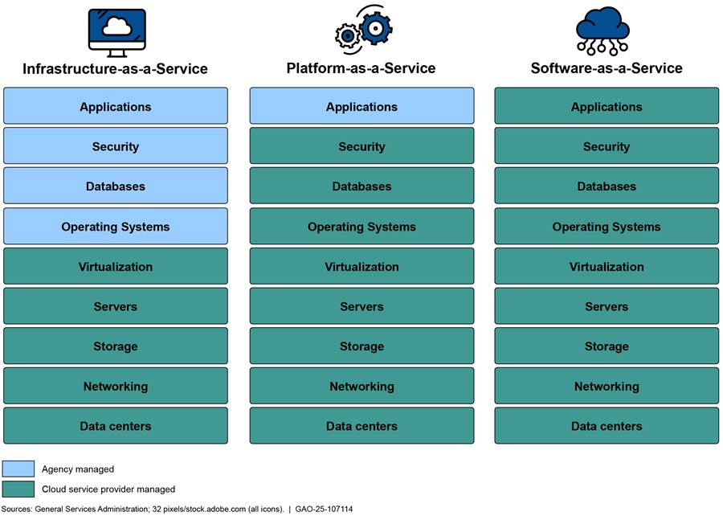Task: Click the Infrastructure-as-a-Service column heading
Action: point(115,69)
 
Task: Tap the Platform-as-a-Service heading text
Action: point(361,68)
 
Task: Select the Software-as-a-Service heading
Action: point(607,68)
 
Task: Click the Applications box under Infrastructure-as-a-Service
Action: point(116,106)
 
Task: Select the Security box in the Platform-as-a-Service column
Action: point(361,146)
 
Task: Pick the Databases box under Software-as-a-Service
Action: point(607,186)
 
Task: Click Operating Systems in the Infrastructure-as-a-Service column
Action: point(116,227)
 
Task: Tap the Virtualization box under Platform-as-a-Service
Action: point(361,267)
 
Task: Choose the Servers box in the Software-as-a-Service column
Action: point(607,306)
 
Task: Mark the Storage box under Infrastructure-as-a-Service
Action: point(116,346)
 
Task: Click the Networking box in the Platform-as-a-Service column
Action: point(361,387)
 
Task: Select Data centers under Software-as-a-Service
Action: point(607,426)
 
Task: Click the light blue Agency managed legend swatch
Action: point(18,469)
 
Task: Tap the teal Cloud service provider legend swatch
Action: point(18,489)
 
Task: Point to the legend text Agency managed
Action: point(78,469)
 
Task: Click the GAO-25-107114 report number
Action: point(324,510)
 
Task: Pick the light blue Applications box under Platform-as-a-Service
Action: point(361,106)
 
